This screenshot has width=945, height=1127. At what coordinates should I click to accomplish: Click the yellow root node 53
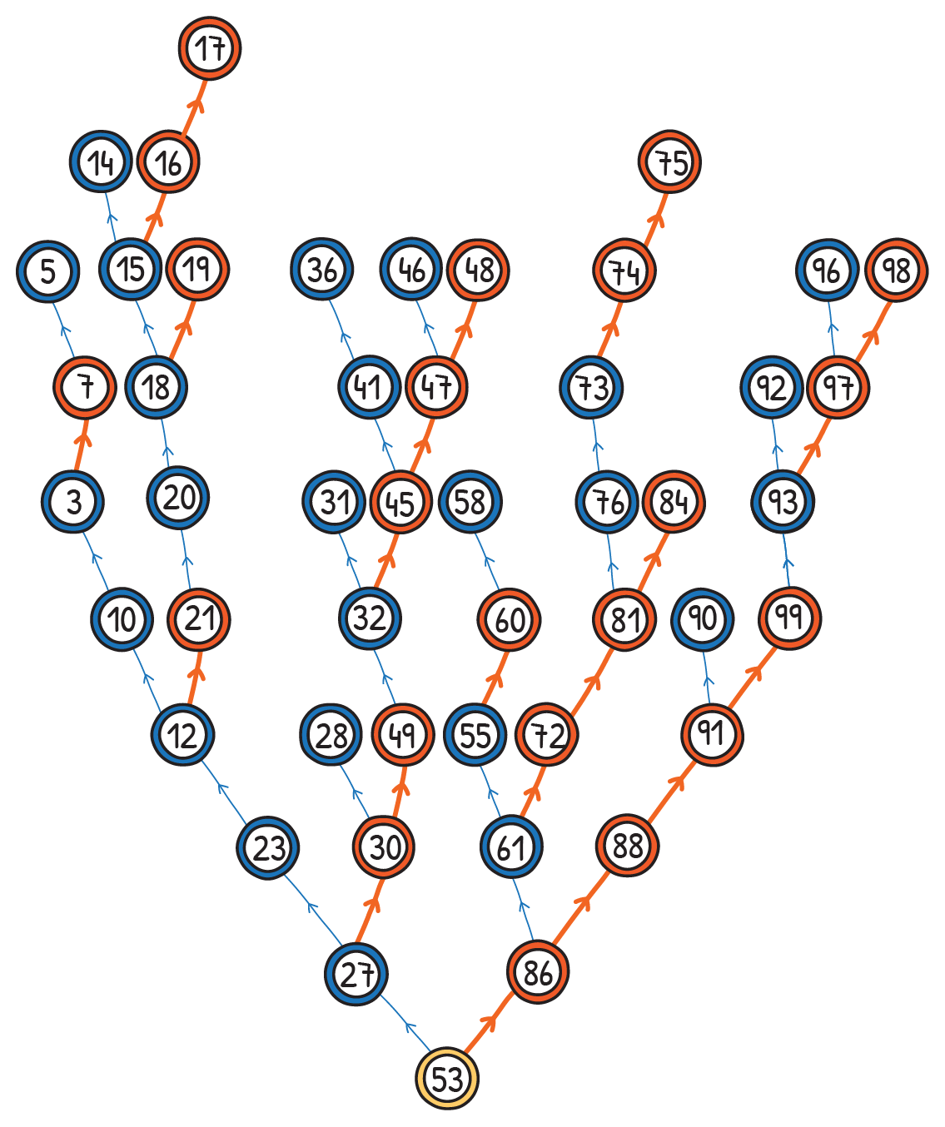(x=447, y=1079)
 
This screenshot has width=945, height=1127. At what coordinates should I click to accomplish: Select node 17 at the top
(x=210, y=48)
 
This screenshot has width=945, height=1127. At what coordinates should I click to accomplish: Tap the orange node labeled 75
(x=670, y=161)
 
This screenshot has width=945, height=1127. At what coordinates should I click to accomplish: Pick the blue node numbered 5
(x=47, y=271)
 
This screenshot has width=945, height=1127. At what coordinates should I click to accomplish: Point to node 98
(x=896, y=271)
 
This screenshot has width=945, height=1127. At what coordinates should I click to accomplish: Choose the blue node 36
(x=322, y=270)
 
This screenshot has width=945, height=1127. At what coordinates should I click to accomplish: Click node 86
(x=538, y=972)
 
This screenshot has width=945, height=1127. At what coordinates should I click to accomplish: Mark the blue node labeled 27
(x=356, y=974)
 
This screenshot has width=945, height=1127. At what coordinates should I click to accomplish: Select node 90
(x=702, y=618)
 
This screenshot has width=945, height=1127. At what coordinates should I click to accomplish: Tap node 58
(x=470, y=502)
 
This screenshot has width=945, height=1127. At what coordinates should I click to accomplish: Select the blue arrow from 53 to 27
(x=404, y=1025)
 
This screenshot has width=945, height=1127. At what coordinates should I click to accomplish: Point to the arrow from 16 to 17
(x=189, y=105)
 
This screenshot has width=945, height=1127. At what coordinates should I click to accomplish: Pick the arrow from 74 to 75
(x=648, y=216)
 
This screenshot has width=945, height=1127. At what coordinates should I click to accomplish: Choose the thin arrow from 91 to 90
(x=706, y=677)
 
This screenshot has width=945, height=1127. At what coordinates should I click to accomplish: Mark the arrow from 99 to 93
(x=787, y=559)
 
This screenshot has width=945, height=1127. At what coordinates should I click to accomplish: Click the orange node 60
(x=509, y=619)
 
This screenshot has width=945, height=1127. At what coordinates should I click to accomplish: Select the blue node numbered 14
(x=101, y=162)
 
